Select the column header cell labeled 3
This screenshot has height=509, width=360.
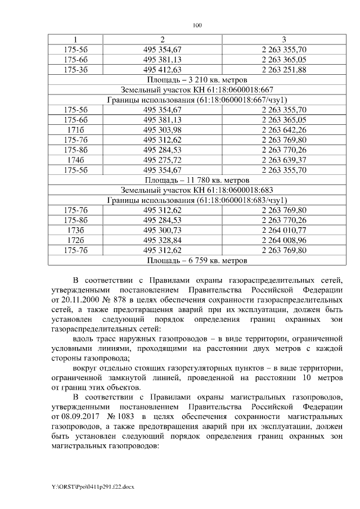click(x=284, y=39)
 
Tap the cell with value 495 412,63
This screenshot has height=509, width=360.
click(x=162, y=69)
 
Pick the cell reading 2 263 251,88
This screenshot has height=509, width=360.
click(x=284, y=69)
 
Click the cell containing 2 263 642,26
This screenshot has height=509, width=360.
click(x=284, y=130)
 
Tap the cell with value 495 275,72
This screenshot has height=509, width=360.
click(x=162, y=160)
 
